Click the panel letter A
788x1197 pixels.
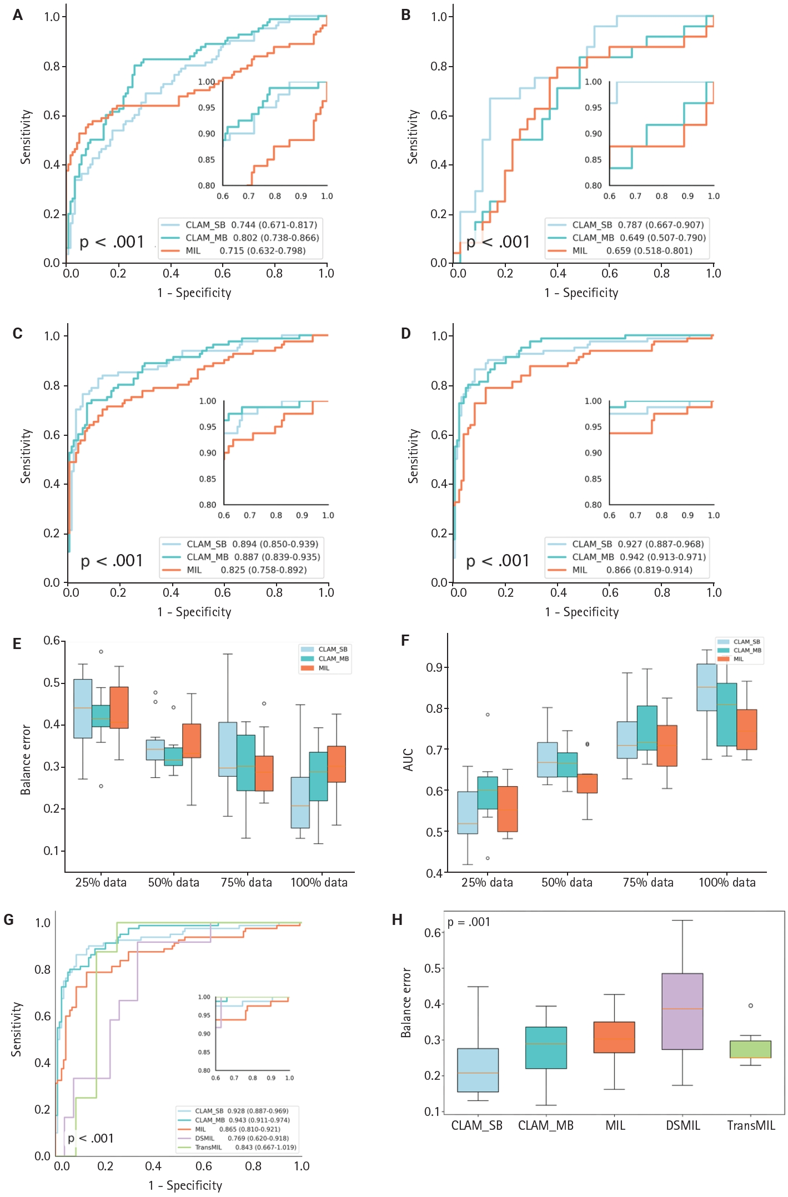tap(18, 15)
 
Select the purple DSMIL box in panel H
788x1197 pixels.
tap(682, 1011)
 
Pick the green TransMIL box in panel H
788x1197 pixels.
tap(750, 1049)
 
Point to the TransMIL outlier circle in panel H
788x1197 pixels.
tap(751, 1005)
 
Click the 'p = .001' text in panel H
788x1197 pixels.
tap(469, 922)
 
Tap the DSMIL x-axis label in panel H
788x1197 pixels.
tap(683, 1125)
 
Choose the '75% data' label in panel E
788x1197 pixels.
tap(247, 882)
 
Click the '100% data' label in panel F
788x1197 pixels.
tap(727, 882)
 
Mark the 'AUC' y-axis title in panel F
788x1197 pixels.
tap(409, 760)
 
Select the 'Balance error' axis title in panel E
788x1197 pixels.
tap(26, 760)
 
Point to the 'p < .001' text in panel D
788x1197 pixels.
tap(498, 561)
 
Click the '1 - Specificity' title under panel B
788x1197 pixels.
tap(581, 293)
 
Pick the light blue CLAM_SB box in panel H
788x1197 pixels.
tap(478, 1070)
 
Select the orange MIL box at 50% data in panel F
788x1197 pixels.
tap(587, 783)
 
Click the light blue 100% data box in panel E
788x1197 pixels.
tap(300, 802)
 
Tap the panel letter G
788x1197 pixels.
tap(9, 920)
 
